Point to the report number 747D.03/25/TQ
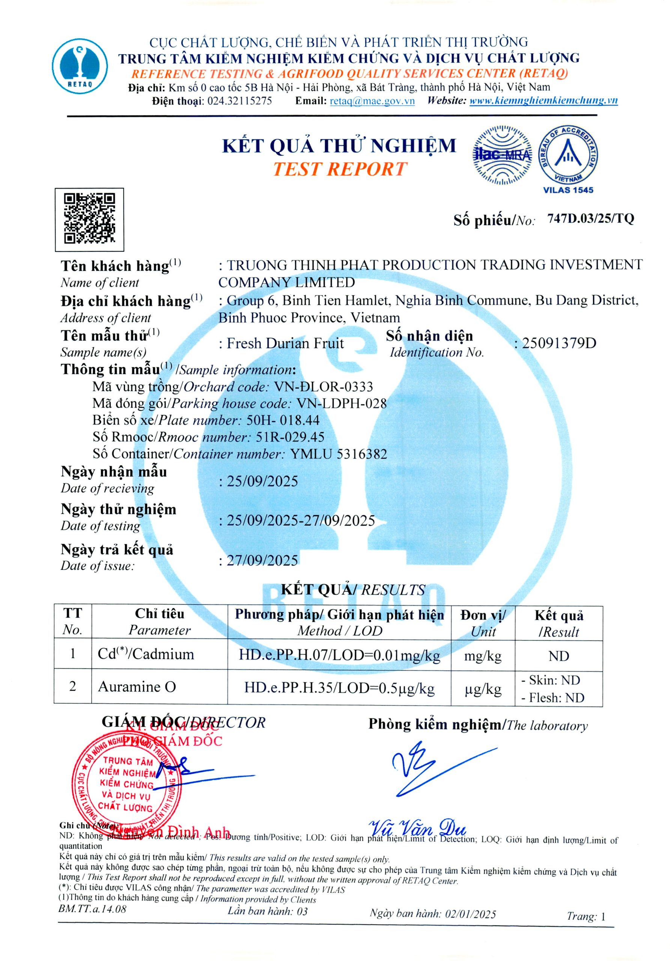[x=590, y=218]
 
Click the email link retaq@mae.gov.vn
[x=372, y=101]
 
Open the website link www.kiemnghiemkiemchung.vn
[x=543, y=101]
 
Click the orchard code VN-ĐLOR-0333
[x=323, y=387]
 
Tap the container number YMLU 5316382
[x=338, y=454]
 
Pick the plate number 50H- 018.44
[x=283, y=420]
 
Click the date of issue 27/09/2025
[x=262, y=560]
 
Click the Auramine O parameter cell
[x=137, y=687]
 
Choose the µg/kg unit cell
[x=483, y=689]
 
